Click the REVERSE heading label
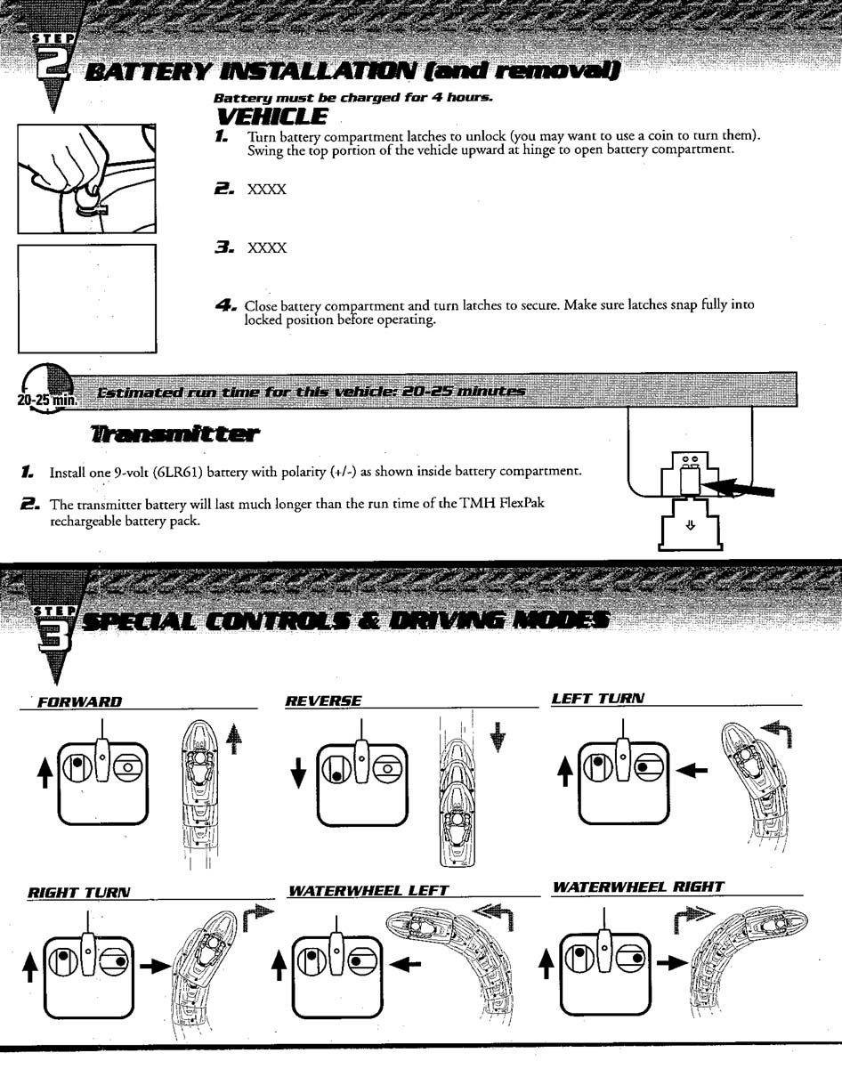322,701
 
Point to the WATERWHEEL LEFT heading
368,890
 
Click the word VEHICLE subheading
271,117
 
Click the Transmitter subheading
174,434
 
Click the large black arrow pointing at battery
743,487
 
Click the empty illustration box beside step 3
87,297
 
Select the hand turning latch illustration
87,178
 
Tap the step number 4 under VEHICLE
224,304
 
